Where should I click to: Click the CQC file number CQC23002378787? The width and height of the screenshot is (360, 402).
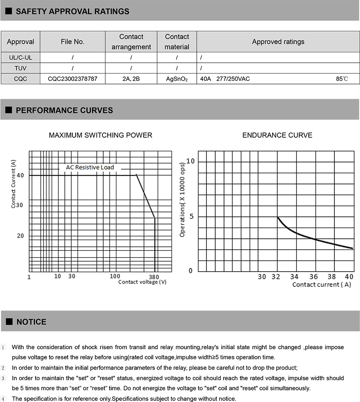[x=72, y=79]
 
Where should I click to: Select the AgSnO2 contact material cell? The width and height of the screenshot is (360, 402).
[x=177, y=79]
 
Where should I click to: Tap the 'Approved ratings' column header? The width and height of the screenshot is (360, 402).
[x=278, y=42]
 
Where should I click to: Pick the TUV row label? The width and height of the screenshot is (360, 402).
[x=20, y=68]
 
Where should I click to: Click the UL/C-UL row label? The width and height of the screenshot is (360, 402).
[x=20, y=57]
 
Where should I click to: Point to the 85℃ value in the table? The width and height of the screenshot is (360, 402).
[x=342, y=79]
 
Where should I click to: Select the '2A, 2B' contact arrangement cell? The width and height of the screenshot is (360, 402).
[x=131, y=79]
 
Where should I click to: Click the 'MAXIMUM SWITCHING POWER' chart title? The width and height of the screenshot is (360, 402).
[x=100, y=135]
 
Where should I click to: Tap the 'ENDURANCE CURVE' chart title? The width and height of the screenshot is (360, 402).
[x=277, y=135]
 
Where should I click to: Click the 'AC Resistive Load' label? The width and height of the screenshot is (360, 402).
[x=90, y=167]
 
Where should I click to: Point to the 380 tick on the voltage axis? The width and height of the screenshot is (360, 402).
[x=154, y=277]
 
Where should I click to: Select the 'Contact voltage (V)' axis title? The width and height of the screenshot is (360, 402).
[x=142, y=282]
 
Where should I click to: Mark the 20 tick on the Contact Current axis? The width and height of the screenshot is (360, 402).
[x=20, y=236]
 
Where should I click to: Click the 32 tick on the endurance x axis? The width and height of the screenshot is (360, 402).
[x=276, y=276]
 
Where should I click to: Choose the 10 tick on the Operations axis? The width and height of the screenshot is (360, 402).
[x=190, y=161]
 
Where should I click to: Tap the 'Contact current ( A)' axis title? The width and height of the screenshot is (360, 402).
[x=321, y=284]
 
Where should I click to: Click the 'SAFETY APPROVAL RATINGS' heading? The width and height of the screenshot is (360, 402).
[x=72, y=11]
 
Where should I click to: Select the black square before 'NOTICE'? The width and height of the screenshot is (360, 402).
[x=9, y=322]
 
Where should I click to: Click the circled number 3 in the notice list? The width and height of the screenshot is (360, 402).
[x=4, y=378]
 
